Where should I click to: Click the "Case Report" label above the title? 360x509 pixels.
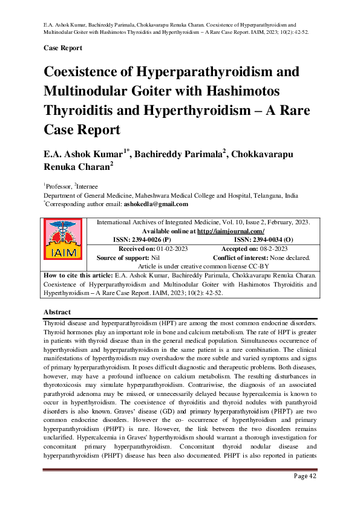click(63, 47)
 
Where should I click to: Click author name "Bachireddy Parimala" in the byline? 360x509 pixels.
click(176, 155)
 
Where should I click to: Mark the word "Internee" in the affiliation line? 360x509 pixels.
click(86, 187)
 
